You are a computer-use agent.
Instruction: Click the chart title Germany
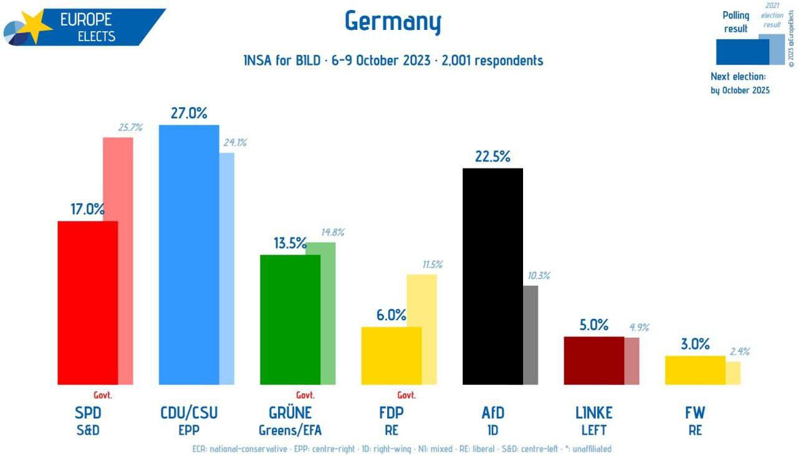click(393, 22)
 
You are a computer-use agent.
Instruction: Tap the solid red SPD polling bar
click(88, 303)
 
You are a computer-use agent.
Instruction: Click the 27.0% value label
click(189, 113)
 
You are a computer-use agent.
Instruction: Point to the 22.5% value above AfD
click(493, 156)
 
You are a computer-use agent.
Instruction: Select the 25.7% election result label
click(130, 128)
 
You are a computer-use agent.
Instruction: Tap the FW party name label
click(695, 412)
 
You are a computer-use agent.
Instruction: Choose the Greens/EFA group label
click(290, 430)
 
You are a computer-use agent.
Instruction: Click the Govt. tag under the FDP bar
click(406, 395)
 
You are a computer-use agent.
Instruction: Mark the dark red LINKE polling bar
click(594, 360)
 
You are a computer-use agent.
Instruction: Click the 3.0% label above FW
click(695, 344)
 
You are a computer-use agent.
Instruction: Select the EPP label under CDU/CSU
click(189, 430)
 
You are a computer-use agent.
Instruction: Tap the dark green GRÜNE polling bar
click(290, 319)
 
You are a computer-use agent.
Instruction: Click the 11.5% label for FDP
click(432, 264)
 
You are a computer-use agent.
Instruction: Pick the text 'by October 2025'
click(740, 90)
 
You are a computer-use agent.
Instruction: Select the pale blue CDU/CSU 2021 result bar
click(227, 268)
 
